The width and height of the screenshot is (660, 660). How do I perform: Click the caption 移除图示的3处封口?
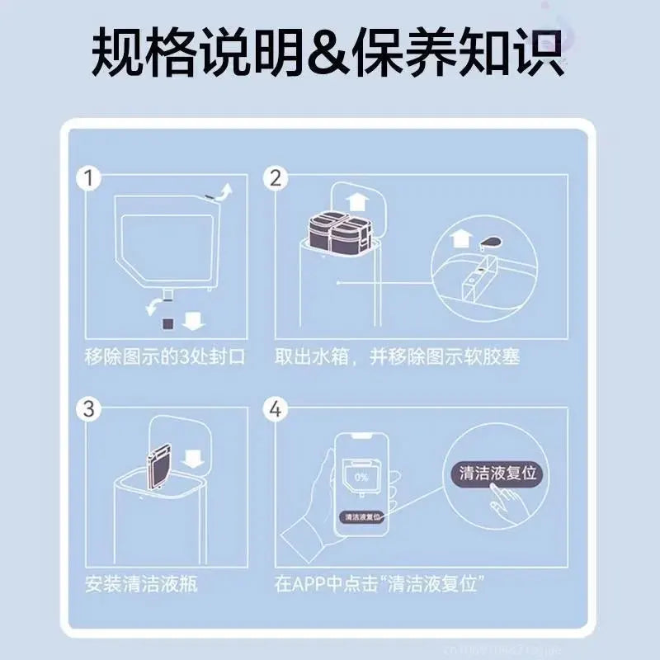coord(165,357)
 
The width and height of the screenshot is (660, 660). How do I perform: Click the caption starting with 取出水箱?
coord(398,357)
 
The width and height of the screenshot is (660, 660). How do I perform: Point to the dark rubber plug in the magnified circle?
coord(488,240)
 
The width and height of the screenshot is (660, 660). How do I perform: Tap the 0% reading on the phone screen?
coord(361,477)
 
